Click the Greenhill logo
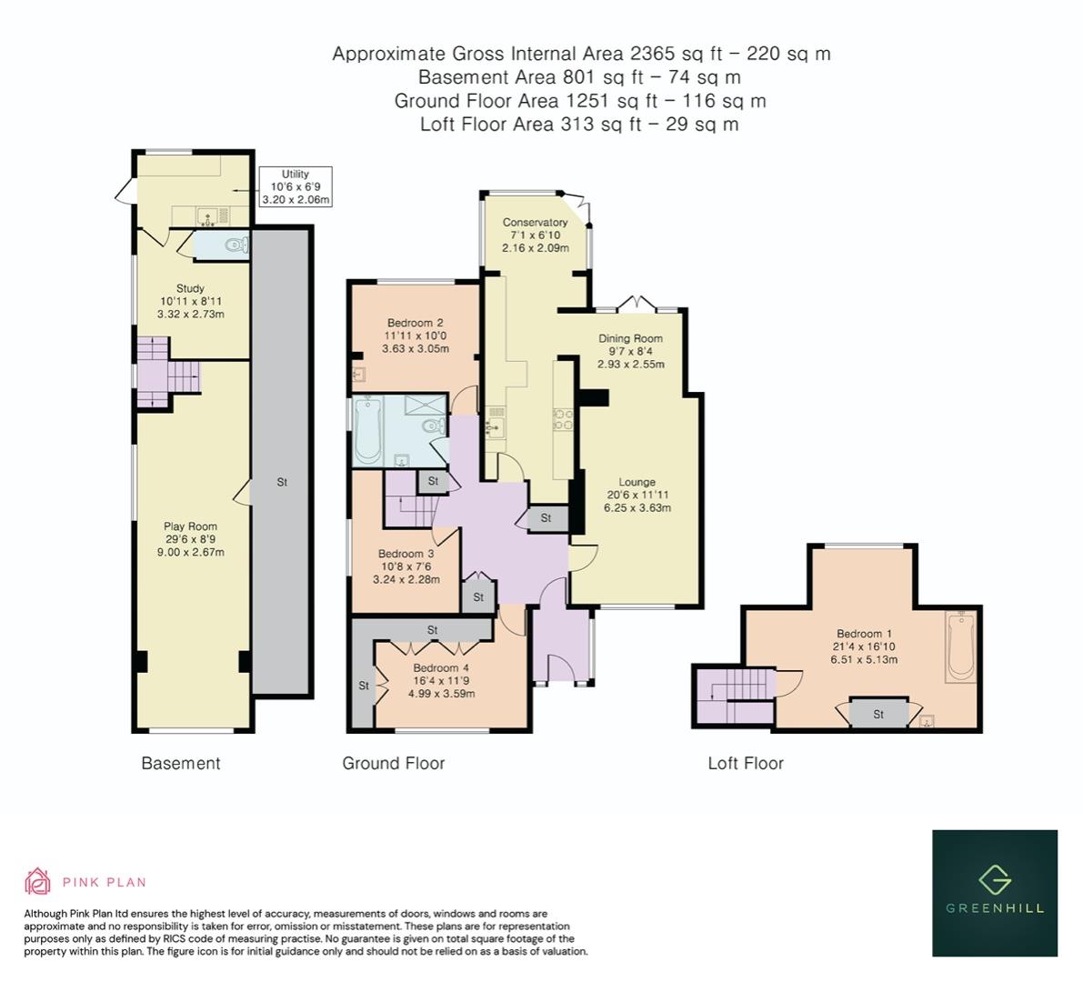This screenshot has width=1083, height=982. pos(995,893)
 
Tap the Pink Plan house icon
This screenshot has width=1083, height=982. pos(37,881)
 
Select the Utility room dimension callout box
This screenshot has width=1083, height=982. pos(295,186)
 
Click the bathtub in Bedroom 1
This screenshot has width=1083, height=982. pos(961,646)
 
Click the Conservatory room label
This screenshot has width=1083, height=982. pos(536,223)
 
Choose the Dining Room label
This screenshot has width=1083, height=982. pos(630,338)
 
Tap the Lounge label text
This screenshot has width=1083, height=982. pos(637,482)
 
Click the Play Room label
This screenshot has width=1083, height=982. pos(191,526)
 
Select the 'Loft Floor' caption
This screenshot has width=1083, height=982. pos(746,763)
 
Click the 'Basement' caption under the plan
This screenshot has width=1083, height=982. pos(181,763)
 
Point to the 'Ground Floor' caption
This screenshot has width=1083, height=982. pos(394,763)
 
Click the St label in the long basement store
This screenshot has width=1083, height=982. pos(282,482)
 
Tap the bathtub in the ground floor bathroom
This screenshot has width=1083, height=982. pos(366,431)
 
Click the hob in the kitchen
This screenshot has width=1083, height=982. pos(562,420)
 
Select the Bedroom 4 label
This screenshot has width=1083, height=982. pos(441,667)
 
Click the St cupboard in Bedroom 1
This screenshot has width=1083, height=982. pos(878,714)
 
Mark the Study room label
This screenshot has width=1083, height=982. pos(191,288)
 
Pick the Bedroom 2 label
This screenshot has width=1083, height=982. pos(415,323)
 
